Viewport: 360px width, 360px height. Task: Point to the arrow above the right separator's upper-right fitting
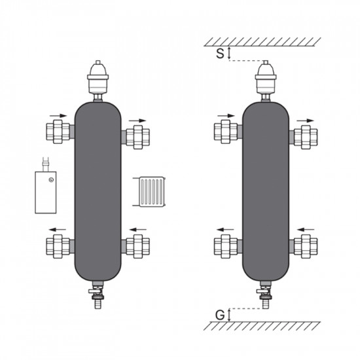tap(304, 120)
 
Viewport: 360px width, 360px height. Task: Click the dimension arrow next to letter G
tap(229, 314)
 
